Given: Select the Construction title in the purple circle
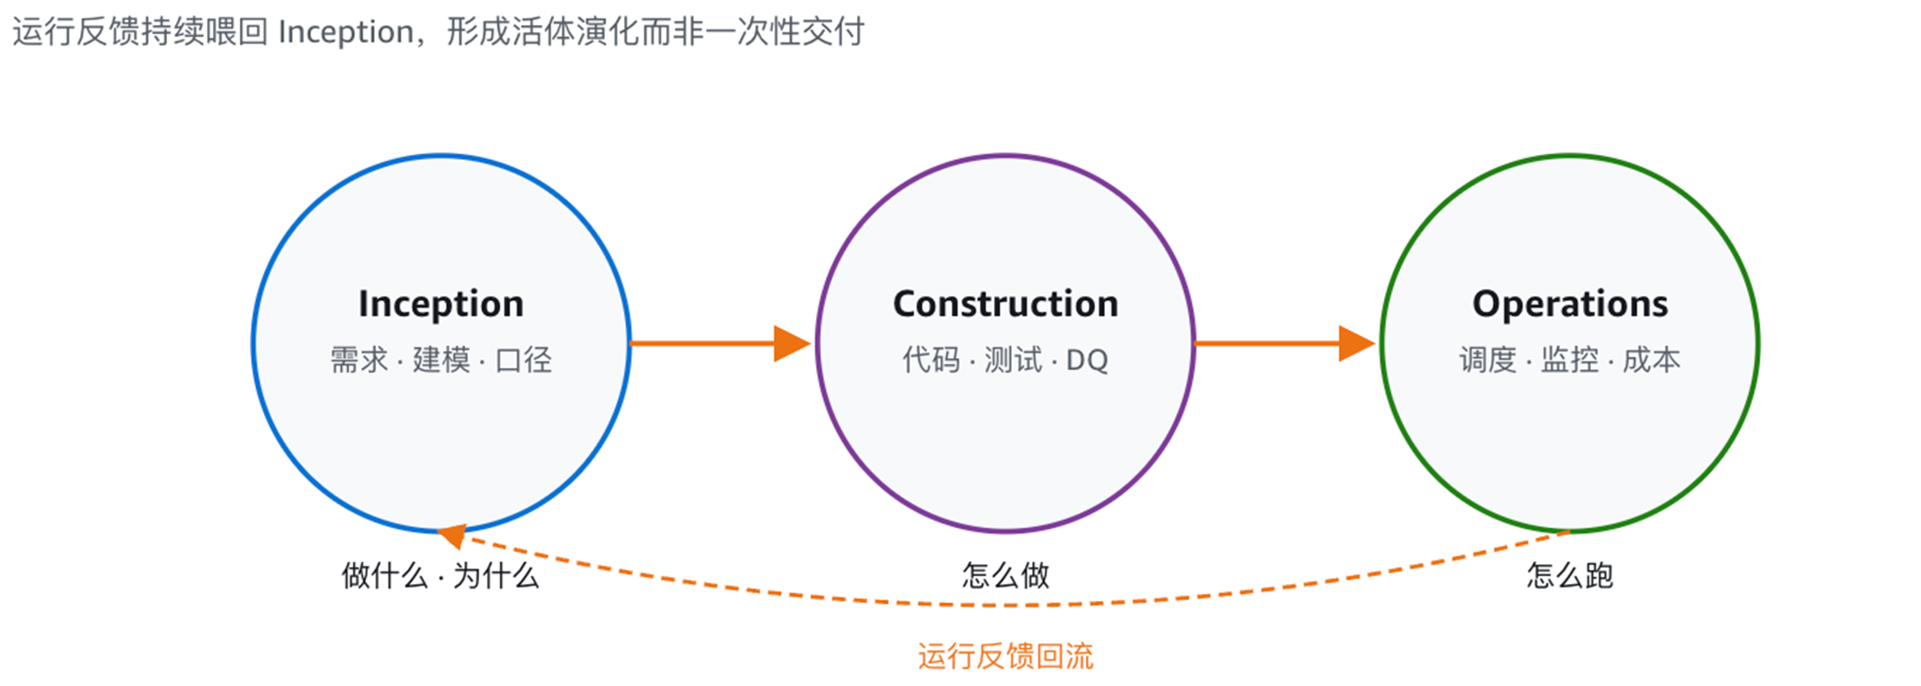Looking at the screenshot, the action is point(1005,303).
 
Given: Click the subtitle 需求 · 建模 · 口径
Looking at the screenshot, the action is point(441,360).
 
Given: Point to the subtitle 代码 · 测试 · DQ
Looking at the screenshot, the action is point(1005,360).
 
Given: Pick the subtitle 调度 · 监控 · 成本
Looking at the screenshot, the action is point(1570,360).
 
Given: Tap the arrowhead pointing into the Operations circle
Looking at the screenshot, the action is point(1357,343).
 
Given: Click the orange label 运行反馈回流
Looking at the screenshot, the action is point(1005,656).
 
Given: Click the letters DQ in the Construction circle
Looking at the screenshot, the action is point(1087,361).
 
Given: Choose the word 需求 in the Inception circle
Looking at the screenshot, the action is point(359,360).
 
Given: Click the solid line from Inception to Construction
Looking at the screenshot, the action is point(703,343).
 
